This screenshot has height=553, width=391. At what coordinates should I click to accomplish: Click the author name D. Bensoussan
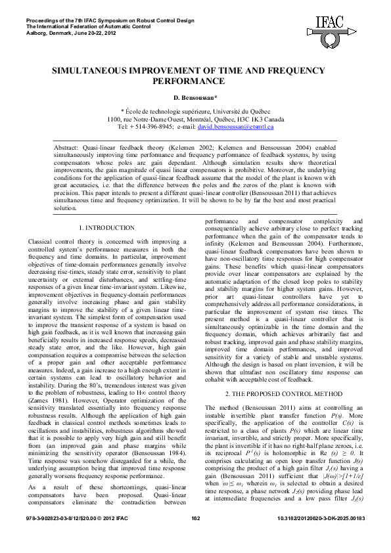click(x=195, y=97)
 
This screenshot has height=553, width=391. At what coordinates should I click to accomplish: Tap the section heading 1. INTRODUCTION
click(x=106, y=227)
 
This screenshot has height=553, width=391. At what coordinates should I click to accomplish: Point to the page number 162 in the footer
click(x=195, y=537)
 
